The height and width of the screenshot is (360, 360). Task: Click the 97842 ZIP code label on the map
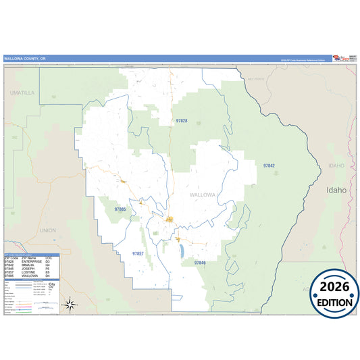pos(269,165)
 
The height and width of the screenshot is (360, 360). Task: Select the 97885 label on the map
pos(120,209)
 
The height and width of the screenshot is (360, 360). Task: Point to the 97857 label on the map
pos(138,253)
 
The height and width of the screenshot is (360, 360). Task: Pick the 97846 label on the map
pos(200,262)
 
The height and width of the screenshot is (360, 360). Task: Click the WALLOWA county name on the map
pos(202,195)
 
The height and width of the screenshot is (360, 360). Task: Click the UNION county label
pos(47,230)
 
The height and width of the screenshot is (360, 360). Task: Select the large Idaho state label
pos(336,190)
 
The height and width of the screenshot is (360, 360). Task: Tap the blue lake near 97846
pos(182,251)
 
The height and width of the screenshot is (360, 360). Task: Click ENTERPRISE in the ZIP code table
pos(31,262)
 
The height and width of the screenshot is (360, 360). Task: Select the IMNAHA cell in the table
pos(28,265)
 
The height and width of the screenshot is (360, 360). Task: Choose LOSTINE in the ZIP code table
pos(28,272)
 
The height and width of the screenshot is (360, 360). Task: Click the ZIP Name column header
pos(29,259)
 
